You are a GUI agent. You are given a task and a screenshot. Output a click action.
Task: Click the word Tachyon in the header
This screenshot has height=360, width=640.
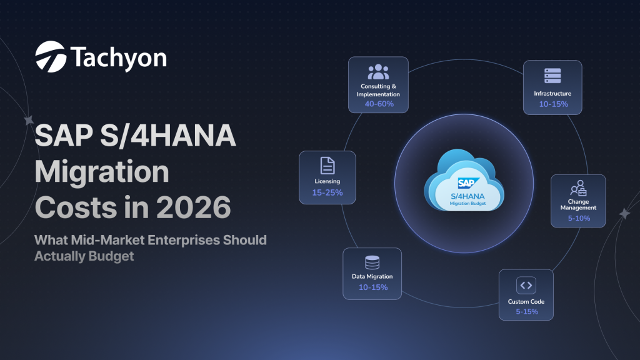119,57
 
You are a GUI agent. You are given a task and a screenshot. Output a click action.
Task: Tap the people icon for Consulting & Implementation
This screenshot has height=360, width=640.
379,72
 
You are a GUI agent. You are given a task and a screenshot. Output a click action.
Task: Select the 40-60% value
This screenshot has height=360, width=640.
379,104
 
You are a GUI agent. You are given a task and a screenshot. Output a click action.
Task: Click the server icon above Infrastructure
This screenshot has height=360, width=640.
553,75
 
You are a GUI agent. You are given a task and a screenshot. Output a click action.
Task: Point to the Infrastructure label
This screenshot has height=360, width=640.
552,94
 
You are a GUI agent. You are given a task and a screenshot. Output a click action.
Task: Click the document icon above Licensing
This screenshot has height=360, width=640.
327,165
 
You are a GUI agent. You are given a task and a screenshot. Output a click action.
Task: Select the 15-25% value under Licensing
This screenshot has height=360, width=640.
327,192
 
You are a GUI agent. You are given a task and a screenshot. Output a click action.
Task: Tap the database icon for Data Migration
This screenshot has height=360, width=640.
372,262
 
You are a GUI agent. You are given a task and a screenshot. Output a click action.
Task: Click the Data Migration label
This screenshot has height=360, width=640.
372,277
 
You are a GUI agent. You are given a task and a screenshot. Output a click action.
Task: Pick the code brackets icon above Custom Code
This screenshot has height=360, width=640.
526,285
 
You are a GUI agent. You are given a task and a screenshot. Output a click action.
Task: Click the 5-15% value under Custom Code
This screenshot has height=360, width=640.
526,311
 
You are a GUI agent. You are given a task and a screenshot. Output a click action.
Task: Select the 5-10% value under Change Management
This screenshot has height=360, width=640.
578,219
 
